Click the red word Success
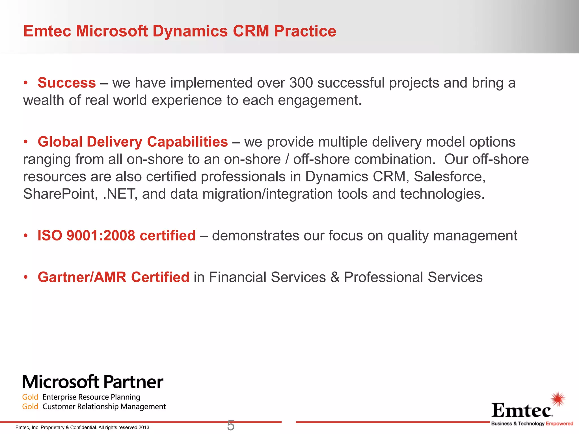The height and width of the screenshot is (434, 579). pyautogui.click(x=67, y=83)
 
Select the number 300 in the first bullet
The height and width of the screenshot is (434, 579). pyautogui.click(x=301, y=83)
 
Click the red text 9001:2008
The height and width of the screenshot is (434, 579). pyautogui.click(x=101, y=236)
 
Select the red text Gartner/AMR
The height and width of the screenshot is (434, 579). pyautogui.click(x=82, y=277)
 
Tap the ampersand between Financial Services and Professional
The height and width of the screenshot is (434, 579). pyautogui.click(x=335, y=277)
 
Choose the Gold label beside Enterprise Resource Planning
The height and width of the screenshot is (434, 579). pyautogui.click(x=30, y=397)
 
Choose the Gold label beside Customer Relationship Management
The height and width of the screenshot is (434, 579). pyautogui.click(x=30, y=407)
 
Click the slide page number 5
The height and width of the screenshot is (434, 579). pyautogui.click(x=231, y=425)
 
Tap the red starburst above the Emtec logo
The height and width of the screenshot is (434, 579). pyautogui.click(x=558, y=399)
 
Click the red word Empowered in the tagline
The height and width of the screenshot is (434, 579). pyautogui.click(x=559, y=424)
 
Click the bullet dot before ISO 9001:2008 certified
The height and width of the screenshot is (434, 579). pyautogui.click(x=26, y=235)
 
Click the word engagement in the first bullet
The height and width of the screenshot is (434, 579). pyautogui.click(x=319, y=100)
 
